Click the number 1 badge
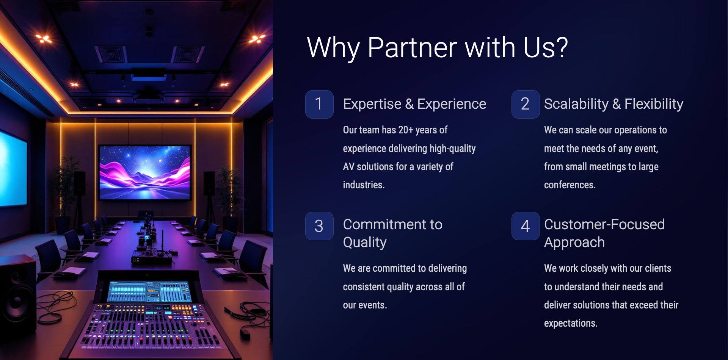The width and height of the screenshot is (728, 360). [x=319, y=104]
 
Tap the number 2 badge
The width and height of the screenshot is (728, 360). [x=526, y=104]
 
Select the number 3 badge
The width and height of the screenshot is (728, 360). [x=319, y=226]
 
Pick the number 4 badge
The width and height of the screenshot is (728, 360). [x=526, y=226]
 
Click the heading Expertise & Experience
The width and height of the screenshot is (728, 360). [x=414, y=104]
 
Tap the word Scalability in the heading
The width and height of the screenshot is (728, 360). [x=576, y=104]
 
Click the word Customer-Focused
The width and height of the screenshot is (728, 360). [x=604, y=224]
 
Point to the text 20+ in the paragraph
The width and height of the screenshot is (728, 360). [x=406, y=130]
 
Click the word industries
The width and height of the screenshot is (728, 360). [x=364, y=185]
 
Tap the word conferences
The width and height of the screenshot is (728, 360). [x=570, y=185]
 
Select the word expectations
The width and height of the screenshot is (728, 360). [x=571, y=323]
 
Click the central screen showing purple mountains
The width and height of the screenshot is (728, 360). [x=144, y=172]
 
